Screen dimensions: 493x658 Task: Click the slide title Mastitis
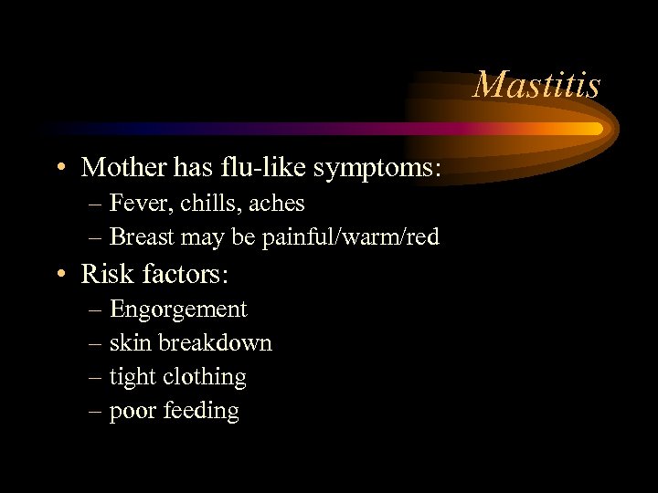coord(536,85)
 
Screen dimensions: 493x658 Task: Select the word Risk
coord(107,273)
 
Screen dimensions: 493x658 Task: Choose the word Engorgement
coord(178,310)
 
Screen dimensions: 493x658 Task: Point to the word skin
coord(131,343)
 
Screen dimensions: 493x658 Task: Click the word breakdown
coord(215,343)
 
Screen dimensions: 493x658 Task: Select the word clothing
coord(205,378)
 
